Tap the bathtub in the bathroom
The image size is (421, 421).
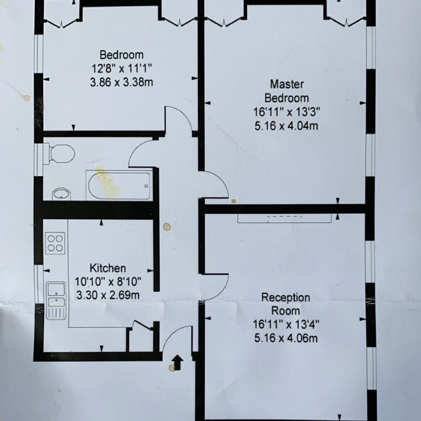119,185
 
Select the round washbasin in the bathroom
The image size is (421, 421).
62,194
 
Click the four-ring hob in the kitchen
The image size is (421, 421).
55,243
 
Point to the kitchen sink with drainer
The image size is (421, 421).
56,300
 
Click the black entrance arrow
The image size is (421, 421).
177,362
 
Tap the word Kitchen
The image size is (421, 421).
108,268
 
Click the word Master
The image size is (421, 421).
287,84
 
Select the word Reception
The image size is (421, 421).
286,297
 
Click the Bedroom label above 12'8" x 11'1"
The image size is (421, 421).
122,55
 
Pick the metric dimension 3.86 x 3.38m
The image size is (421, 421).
122,82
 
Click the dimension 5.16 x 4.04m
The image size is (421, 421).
286,126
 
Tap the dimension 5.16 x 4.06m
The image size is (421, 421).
286,338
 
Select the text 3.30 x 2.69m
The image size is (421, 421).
108,295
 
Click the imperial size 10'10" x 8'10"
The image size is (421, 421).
108,282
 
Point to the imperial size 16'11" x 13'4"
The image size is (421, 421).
286,324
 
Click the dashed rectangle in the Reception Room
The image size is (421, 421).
284,219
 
